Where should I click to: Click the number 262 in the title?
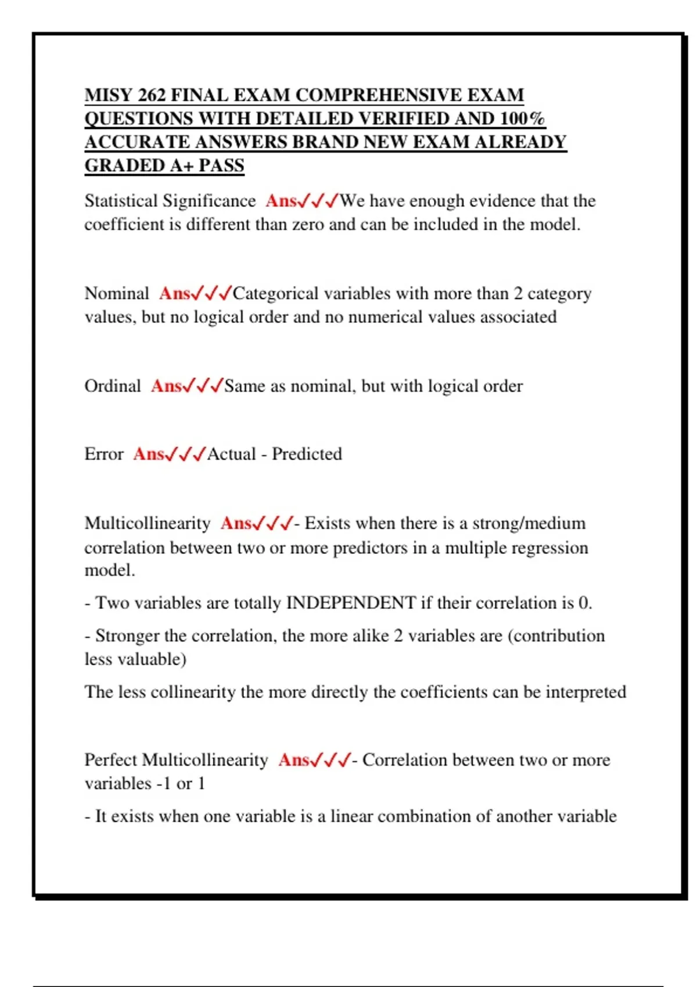click(x=151, y=95)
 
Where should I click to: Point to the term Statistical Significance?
click(x=170, y=201)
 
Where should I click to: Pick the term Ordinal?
click(x=113, y=386)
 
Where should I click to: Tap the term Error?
click(x=104, y=454)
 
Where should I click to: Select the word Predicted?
click(x=307, y=454)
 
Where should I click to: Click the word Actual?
click(x=231, y=454)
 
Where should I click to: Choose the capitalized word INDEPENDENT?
click(x=351, y=603)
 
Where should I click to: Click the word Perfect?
click(x=111, y=760)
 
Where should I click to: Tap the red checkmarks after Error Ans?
click(x=186, y=454)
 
